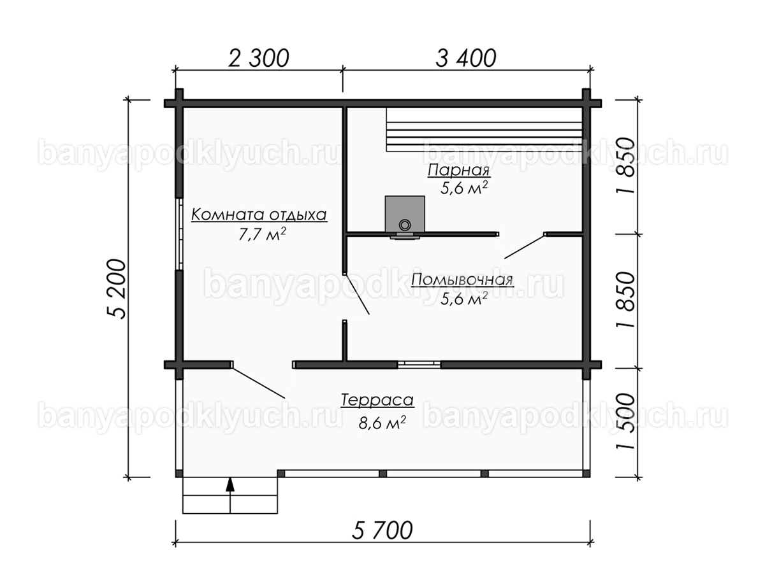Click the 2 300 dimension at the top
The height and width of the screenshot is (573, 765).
click(259, 58)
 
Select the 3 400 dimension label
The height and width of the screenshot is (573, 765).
click(465, 58)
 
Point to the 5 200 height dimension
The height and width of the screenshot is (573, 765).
click(117, 289)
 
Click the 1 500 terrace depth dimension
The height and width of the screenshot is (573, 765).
click(626, 421)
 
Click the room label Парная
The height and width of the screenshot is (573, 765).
click(458, 171)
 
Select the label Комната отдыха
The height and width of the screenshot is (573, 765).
click(259, 215)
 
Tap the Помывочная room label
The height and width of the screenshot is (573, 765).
click(462, 279)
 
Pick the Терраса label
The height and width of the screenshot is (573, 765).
click(377, 400)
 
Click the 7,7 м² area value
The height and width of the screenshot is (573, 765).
click(262, 234)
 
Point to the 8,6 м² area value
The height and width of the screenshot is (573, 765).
click(382, 423)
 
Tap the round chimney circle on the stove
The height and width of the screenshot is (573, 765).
click(405, 224)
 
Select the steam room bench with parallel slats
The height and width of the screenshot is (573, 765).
click(484, 129)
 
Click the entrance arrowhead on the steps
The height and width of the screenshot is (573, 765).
click(229, 485)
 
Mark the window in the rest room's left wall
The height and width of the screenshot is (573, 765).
click(179, 234)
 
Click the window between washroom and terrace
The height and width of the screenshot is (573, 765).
click(419, 364)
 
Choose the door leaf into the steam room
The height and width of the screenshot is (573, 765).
click(525, 246)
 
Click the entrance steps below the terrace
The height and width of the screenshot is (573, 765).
click(230, 495)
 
